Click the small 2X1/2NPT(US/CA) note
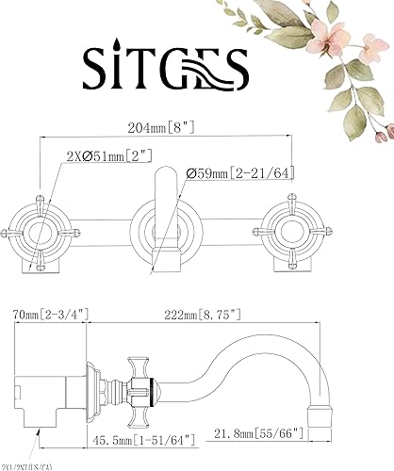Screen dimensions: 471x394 (x=34, y=463)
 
